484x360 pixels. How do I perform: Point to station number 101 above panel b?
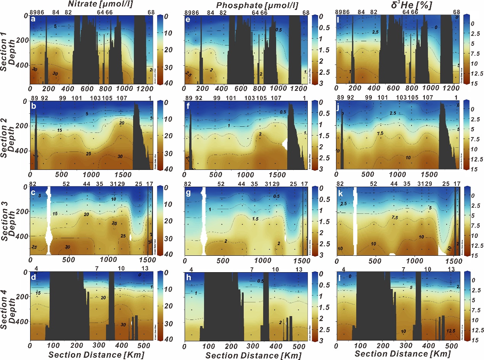[77, 98]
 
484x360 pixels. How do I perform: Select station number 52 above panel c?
[66, 184]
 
